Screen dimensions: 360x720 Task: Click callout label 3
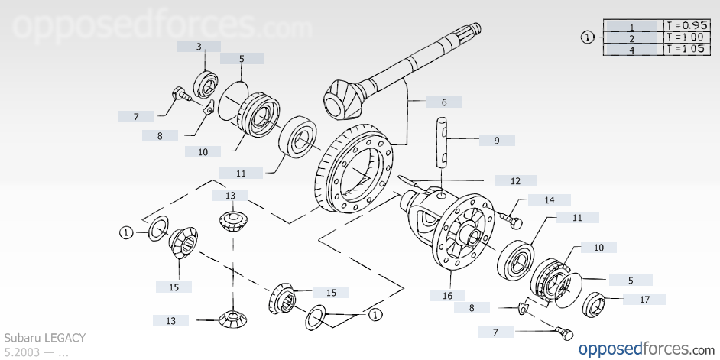199,47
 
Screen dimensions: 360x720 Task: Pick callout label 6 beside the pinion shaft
443,102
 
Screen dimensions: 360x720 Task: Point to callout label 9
497,141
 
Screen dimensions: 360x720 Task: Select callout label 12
515,181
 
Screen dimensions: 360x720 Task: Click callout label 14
550,200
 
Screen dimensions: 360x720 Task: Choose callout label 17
644,300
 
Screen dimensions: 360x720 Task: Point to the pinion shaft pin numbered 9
443,141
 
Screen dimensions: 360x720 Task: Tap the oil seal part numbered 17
595,305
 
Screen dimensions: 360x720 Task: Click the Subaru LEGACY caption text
45,337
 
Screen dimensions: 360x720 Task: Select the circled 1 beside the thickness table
587,37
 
